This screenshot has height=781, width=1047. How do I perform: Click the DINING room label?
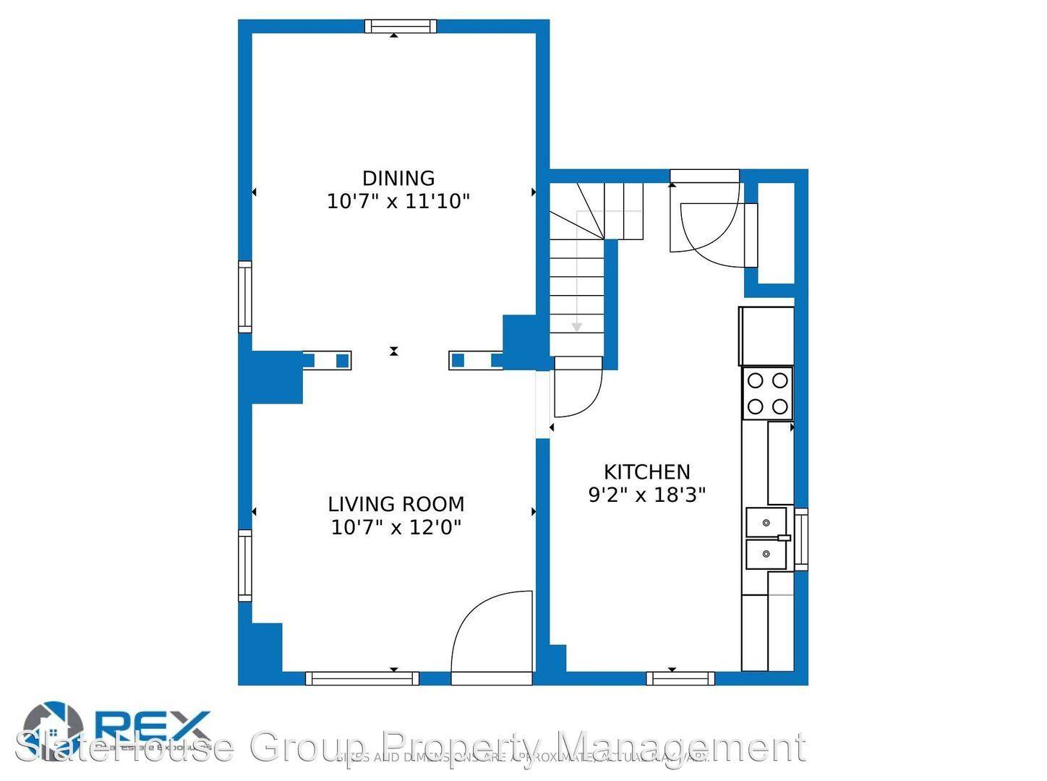tap(398, 178)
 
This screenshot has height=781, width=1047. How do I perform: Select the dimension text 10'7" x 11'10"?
tap(398, 201)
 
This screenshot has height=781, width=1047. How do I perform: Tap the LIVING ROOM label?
tap(396, 504)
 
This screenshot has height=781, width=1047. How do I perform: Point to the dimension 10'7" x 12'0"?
tap(396, 527)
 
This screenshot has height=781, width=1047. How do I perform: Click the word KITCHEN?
tap(646, 472)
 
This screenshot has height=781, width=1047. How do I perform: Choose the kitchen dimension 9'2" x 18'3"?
tap(646, 495)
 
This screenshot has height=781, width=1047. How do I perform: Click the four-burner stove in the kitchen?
tap(767, 393)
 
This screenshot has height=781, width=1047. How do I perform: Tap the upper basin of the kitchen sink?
tap(766, 521)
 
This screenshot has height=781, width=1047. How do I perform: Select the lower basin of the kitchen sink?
tap(766, 555)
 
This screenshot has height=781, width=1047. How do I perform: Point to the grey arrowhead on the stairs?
tap(576, 328)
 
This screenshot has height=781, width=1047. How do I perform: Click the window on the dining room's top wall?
tap(401, 27)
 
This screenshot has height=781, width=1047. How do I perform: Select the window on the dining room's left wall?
tap(245, 296)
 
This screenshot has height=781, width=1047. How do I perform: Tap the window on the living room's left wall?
tap(245, 566)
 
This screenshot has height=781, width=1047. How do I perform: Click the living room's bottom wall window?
tap(362, 678)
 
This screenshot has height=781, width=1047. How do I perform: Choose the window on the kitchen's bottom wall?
tap(680, 678)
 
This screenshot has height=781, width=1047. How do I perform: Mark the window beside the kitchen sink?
tap(800, 539)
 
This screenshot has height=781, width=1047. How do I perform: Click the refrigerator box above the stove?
tap(766, 336)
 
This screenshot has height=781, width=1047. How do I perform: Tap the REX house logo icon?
tap(53, 727)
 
